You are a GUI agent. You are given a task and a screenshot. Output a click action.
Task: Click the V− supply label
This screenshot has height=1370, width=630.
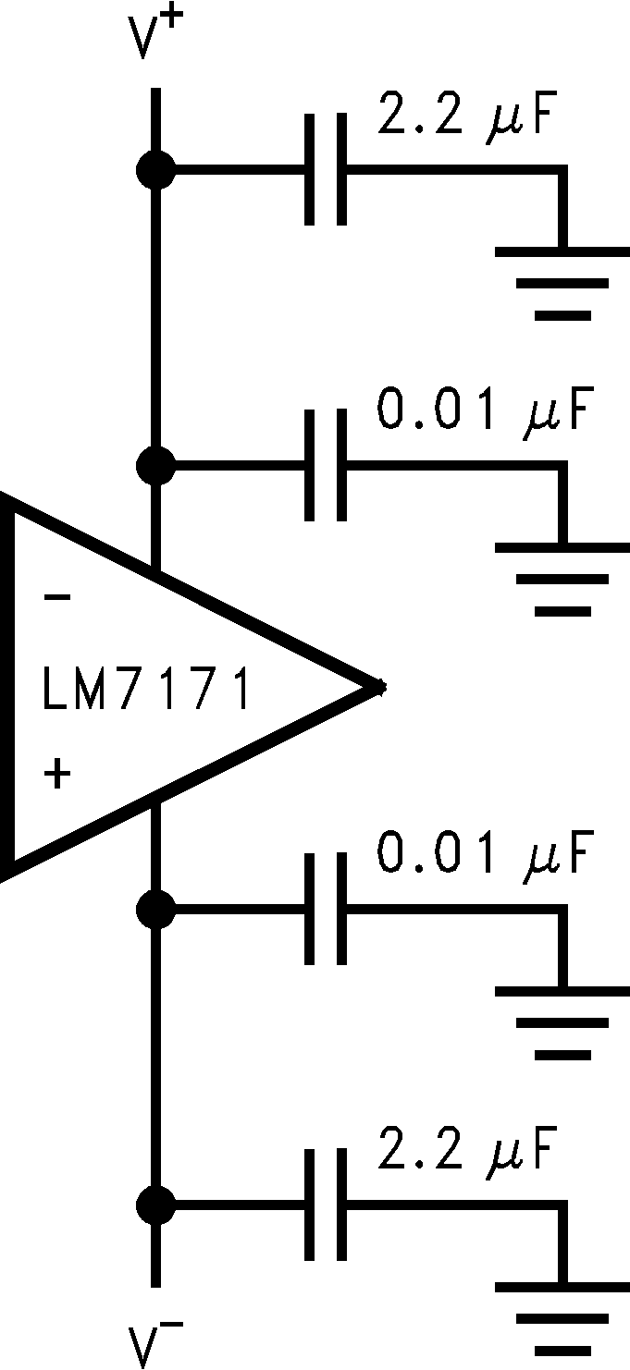pos(155,1342)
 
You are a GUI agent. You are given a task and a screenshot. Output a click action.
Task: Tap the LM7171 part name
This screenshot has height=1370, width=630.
pos(146,691)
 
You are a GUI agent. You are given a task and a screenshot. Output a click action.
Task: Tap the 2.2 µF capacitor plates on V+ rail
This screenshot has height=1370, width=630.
pos(326,170)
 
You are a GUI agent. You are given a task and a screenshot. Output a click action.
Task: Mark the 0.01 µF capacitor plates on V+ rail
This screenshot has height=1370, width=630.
pos(326,466)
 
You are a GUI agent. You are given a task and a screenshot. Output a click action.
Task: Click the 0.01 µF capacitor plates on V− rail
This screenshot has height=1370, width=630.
pos(326,910)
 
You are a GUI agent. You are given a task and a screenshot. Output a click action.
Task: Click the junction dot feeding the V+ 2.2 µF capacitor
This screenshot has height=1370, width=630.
pos(154,170)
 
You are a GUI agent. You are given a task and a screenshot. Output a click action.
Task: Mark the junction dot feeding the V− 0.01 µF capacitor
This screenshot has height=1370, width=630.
pos(154,910)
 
